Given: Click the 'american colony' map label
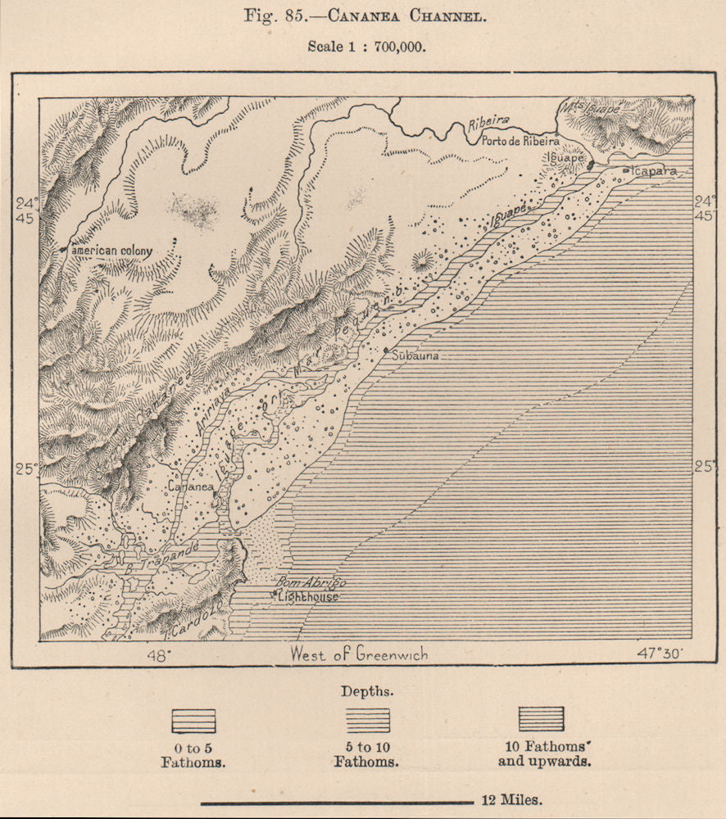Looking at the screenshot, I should [x=112, y=249].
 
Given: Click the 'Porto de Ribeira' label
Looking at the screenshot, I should [x=520, y=141].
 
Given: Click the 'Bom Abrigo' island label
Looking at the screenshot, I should [x=313, y=583].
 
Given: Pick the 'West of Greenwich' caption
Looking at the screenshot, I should [x=360, y=654].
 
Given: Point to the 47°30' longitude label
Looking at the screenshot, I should [x=665, y=654].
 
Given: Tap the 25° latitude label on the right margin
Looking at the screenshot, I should [x=704, y=467].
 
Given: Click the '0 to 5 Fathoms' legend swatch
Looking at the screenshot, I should [x=193, y=721].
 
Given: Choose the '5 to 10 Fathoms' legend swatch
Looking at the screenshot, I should [x=367, y=721].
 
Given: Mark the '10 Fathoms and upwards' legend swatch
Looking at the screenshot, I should [x=541, y=718].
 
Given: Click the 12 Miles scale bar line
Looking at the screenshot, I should [x=336, y=802].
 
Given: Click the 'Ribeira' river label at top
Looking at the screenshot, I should [x=488, y=120].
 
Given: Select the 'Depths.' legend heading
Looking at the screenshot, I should [x=367, y=690].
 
